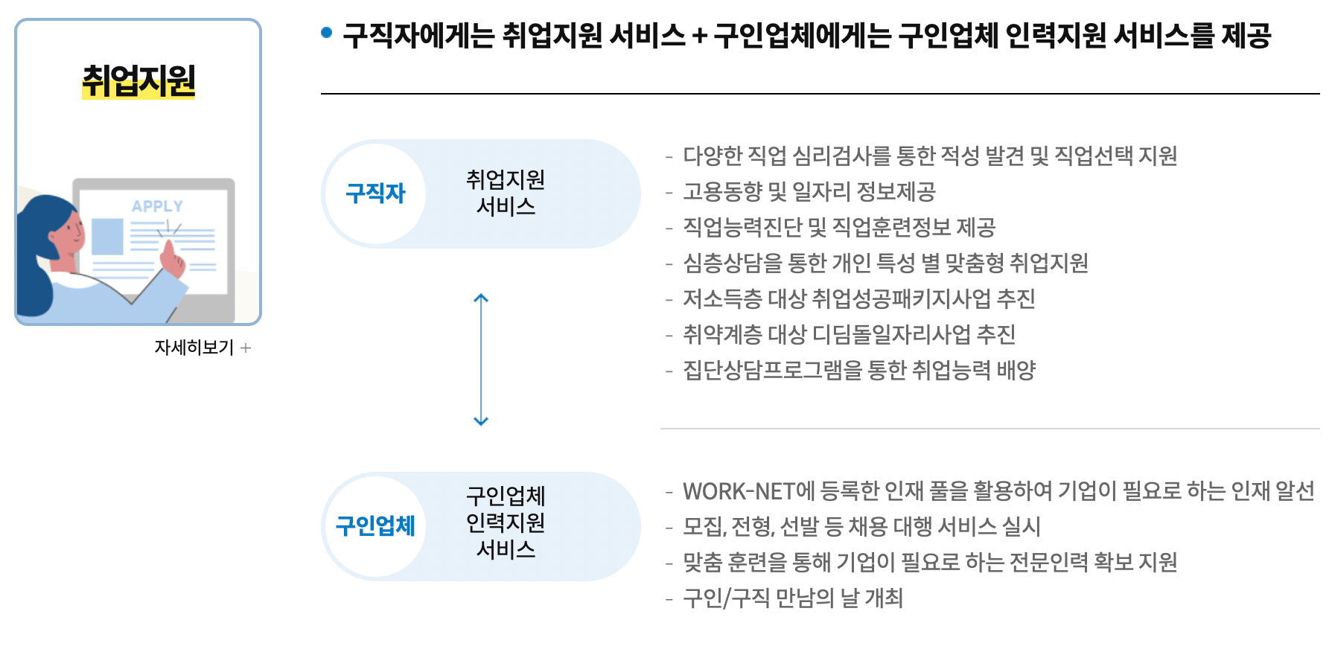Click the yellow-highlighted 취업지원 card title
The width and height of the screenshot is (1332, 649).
click(x=138, y=81)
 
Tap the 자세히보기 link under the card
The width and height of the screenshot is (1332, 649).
click(x=195, y=348)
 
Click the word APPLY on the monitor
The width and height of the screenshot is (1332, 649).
click(x=157, y=206)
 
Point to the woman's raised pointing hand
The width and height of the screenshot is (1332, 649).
click(x=173, y=260)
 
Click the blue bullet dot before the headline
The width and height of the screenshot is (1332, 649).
click(x=326, y=33)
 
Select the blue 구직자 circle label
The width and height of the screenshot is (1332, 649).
click(x=375, y=194)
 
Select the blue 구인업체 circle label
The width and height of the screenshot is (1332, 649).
click(x=375, y=526)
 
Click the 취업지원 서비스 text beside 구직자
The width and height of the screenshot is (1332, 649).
click(x=506, y=193)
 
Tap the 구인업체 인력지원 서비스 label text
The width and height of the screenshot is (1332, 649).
click(x=506, y=522)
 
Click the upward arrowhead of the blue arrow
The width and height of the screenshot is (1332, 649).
click(x=481, y=298)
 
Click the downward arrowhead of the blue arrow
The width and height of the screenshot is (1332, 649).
click(x=481, y=421)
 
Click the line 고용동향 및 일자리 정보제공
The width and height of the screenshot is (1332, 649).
click(x=809, y=192)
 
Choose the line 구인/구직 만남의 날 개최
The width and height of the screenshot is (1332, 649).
click(x=792, y=598)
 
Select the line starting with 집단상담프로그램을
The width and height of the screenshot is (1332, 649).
click(x=859, y=371)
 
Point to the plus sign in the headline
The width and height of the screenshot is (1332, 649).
click(x=699, y=36)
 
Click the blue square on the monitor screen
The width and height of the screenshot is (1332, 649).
click(x=108, y=237)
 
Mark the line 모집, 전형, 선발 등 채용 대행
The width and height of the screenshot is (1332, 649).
click(x=861, y=527)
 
